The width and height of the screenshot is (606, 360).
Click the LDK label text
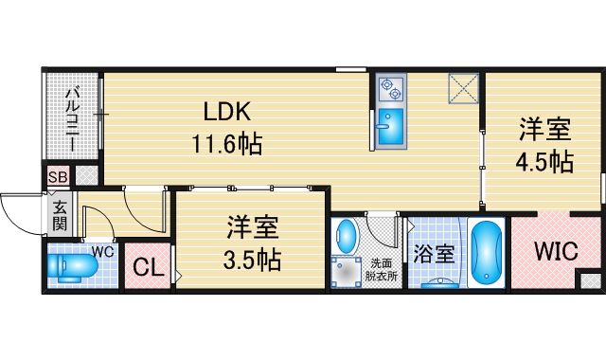[x=227, y=113]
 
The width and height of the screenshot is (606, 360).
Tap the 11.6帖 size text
[x=227, y=145]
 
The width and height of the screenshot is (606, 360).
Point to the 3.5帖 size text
[x=252, y=259]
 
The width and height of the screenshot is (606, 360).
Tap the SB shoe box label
[x=57, y=176]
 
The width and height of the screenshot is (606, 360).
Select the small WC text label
[x=102, y=251]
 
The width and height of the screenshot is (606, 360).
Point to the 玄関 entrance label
[x=59, y=215]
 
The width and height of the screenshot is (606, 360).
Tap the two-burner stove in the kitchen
[x=389, y=89]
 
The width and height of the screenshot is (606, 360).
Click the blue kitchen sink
[x=389, y=128]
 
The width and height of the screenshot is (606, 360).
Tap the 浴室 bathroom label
[x=435, y=254]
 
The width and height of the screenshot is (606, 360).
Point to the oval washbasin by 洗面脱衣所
[x=348, y=236]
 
